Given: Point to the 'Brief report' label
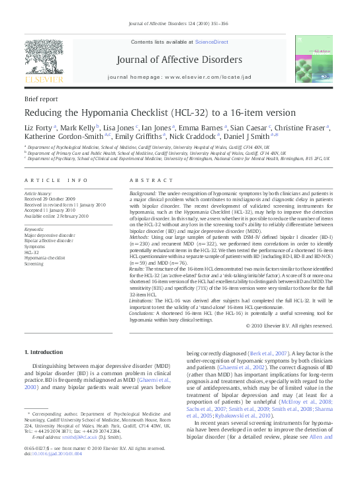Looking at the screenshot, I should (40, 97).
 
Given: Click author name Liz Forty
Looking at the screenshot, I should (38, 128).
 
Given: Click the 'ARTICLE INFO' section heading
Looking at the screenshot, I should (56, 180).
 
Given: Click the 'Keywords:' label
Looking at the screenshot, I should (34, 228).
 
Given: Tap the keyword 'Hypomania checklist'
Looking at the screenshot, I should (45, 257).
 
